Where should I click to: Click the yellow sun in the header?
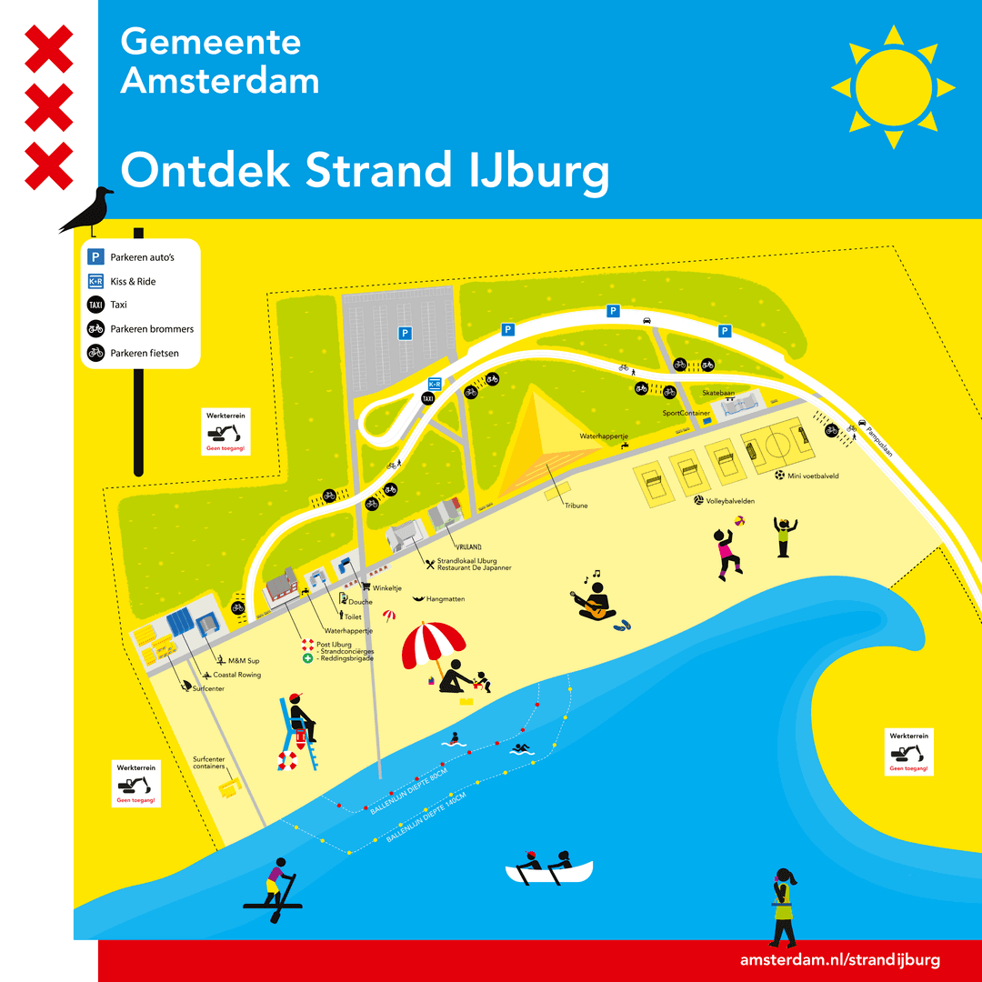click(893, 87)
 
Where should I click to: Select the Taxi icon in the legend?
click(95, 305)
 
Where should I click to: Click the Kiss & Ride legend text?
click(133, 281)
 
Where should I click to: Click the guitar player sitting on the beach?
click(596, 601)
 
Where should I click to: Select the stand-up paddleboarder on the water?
click(276, 886)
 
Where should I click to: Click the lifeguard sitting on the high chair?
click(300, 723)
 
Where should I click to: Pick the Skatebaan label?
click(717, 393)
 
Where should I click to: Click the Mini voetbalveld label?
click(813, 476)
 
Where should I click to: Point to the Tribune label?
click(576, 506)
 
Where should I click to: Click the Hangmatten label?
click(445, 599)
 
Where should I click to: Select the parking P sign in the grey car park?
click(405, 334)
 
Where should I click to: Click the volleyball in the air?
click(739, 521)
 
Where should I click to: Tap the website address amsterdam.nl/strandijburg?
click(839, 960)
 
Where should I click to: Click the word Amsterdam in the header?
click(220, 81)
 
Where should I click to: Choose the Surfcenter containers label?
click(208, 763)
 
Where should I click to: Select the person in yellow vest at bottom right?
click(783, 905)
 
